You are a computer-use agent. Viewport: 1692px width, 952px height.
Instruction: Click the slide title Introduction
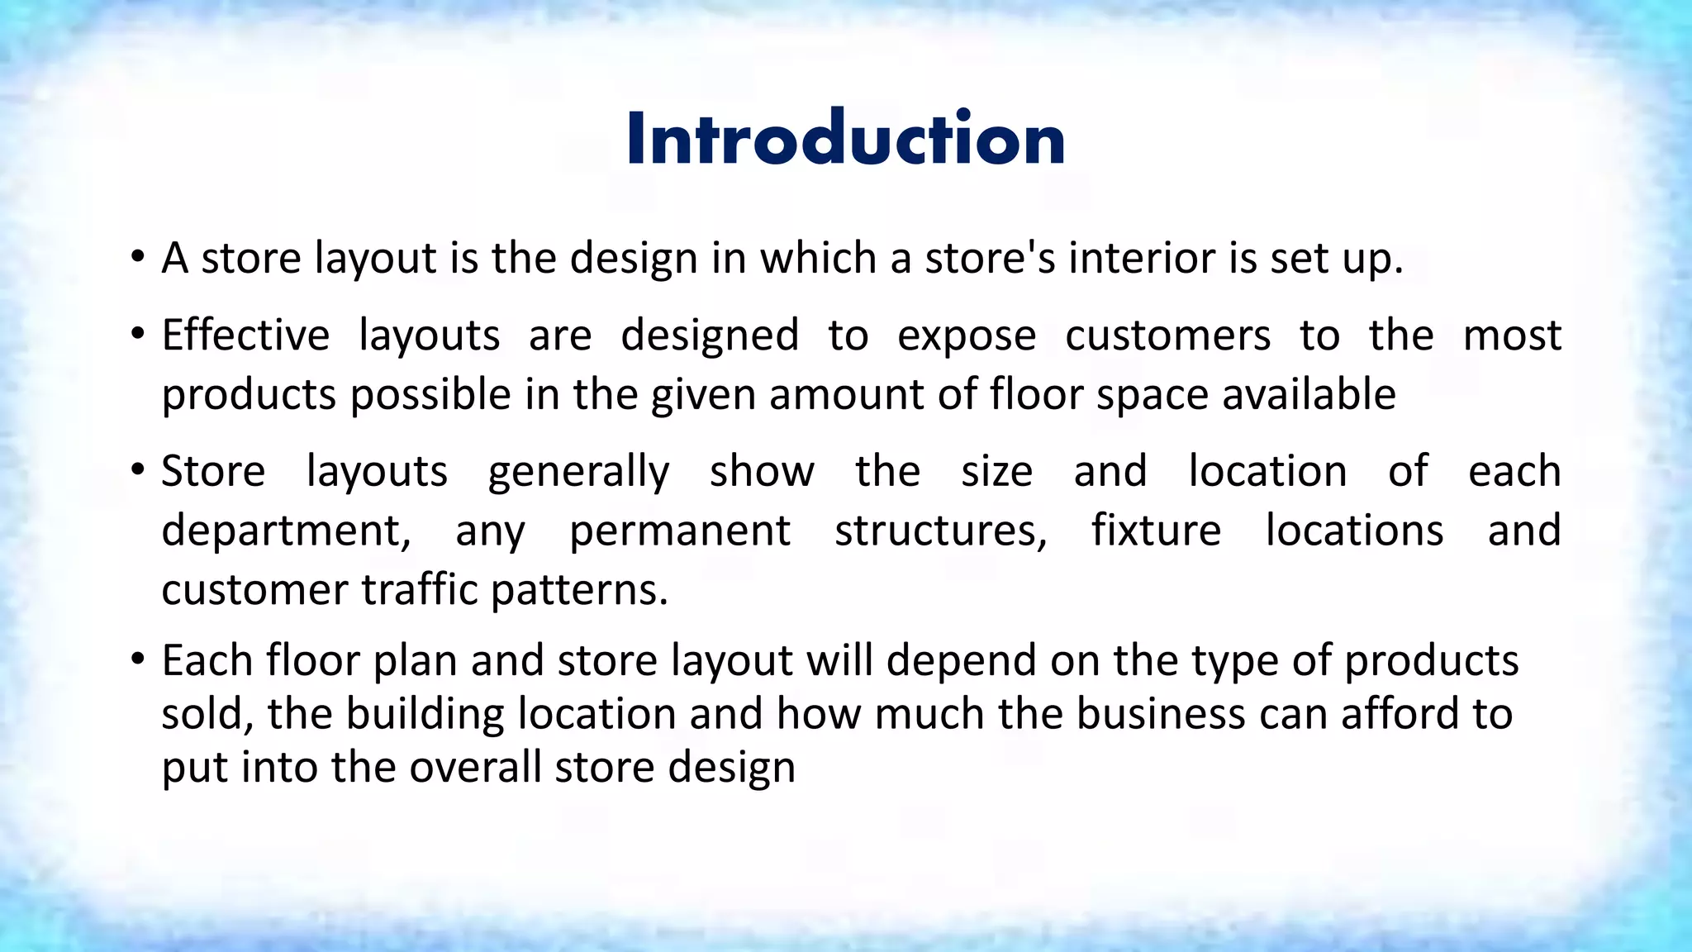(x=845, y=138)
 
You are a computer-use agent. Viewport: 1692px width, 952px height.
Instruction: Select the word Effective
(x=245, y=336)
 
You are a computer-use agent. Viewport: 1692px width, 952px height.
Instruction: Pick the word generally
(x=578, y=473)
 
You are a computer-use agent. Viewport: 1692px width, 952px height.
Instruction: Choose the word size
(x=996, y=472)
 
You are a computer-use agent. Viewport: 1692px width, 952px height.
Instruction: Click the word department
(x=285, y=531)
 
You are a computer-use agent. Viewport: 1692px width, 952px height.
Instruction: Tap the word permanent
(x=679, y=531)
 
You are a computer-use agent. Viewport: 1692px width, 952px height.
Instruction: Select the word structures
(x=940, y=531)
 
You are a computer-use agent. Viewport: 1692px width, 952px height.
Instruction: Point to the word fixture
(x=1156, y=531)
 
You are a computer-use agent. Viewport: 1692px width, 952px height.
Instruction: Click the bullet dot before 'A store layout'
(x=137, y=257)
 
